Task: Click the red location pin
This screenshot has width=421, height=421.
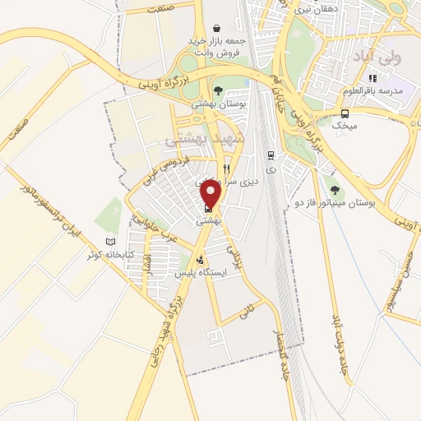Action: (x=211, y=194)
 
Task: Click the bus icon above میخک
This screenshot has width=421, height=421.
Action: (x=345, y=113)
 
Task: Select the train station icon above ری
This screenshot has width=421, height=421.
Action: (x=271, y=155)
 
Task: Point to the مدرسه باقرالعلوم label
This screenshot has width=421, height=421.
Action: (x=374, y=90)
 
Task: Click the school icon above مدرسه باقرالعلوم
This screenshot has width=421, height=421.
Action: (x=372, y=78)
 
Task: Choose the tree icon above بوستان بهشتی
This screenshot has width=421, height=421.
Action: (x=217, y=91)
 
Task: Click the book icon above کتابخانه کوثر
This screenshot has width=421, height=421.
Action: (x=111, y=242)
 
